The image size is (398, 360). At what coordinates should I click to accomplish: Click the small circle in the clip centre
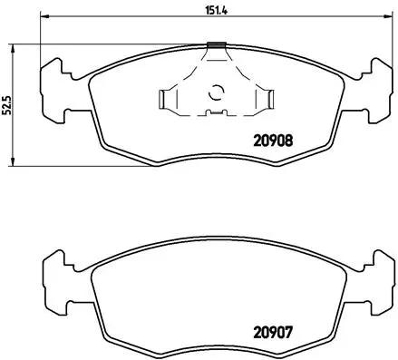tap(216, 91)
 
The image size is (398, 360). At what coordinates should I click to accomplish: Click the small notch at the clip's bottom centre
tap(216, 113)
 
